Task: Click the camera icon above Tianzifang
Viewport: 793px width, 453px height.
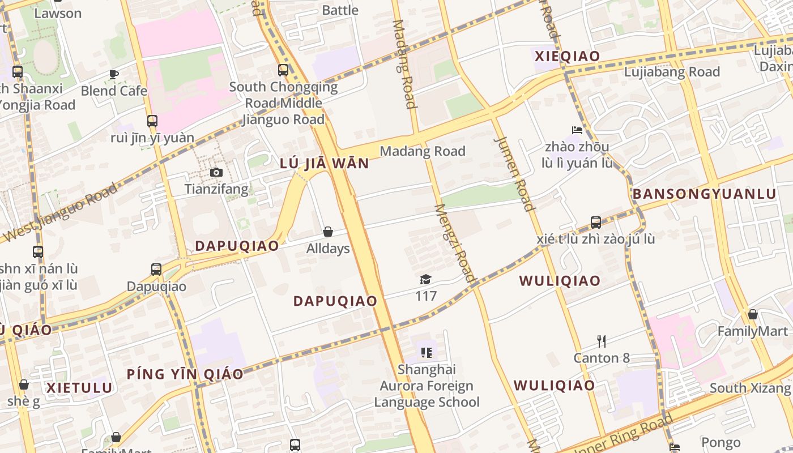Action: coord(216,173)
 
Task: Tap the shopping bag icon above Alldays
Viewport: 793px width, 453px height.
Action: coord(327,232)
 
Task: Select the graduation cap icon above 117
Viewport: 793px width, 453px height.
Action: coord(425,279)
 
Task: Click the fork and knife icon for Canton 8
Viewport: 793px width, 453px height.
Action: coord(602,341)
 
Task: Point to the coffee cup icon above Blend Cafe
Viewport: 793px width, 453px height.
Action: coord(114,74)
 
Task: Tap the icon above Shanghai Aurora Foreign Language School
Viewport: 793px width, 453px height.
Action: coord(427,353)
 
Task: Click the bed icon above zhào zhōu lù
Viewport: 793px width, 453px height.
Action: coord(577,130)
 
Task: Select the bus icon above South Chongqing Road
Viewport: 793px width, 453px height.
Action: coord(283,70)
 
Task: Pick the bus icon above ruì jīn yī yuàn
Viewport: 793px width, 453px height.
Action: coord(152,121)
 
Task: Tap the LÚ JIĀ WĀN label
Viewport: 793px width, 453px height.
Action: coord(325,164)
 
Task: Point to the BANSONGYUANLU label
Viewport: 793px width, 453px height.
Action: coord(704,194)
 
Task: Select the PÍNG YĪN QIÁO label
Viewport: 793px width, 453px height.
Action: coord(185,374)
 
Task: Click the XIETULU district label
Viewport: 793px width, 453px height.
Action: coord(79,388)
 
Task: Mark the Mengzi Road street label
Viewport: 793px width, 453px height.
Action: coord(454,243)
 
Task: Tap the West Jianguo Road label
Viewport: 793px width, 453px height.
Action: coord(59,212)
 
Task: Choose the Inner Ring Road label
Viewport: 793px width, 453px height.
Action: coord(629,434)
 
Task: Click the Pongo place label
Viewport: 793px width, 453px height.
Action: coord(720,442)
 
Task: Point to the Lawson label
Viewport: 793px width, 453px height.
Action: coord(58,13)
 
